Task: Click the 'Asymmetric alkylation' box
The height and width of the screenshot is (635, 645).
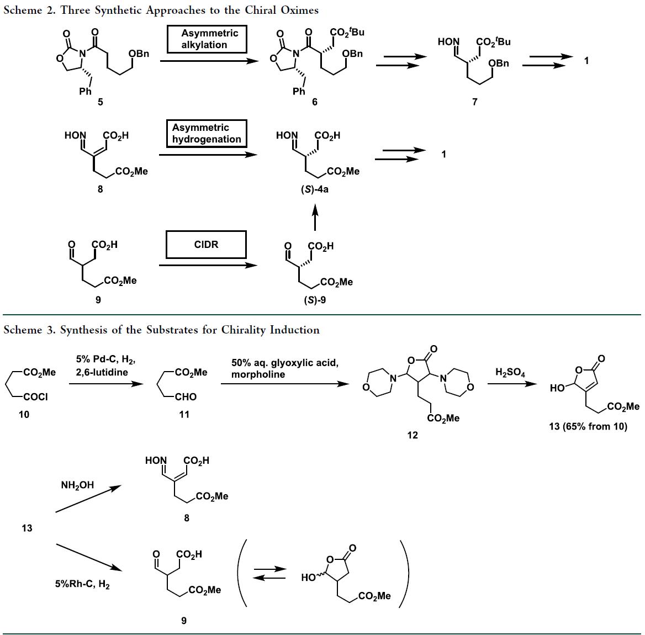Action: [207, 39]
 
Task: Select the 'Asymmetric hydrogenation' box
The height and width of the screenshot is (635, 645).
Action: [207, 134]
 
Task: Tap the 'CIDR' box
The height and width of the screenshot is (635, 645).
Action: [207, 245]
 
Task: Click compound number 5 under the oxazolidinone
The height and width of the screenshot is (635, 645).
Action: [100, 102]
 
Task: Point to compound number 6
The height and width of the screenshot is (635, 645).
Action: [314, 102]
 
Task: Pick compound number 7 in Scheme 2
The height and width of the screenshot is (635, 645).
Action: [474, 102]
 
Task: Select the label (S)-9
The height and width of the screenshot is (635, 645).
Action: [315, 300]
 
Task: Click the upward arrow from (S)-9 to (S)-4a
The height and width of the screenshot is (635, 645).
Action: [315, 216]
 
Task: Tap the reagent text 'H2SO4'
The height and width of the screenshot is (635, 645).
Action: [510, 373]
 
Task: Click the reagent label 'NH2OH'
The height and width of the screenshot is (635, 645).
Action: [77, 485]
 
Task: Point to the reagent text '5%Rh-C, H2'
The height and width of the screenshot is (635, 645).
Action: [82, 584]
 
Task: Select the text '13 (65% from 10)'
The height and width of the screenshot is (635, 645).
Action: [588, 426]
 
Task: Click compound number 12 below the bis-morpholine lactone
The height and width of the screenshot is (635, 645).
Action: [413, 435]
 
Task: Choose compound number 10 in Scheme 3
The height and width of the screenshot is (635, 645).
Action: [24, 415]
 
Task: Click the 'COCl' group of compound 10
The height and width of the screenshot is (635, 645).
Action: [36, 397]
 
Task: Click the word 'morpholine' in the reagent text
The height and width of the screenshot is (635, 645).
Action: [258, 374]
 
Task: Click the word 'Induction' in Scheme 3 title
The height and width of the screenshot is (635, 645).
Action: [294, 330]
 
